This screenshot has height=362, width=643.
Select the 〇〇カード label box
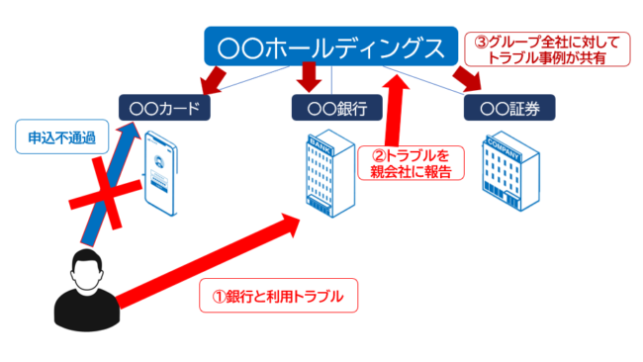coord(164,107)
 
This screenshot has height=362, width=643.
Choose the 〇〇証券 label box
coord(508,107)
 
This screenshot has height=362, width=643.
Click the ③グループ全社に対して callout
coord(547,50)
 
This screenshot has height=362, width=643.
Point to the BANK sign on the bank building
coord(319,143)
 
